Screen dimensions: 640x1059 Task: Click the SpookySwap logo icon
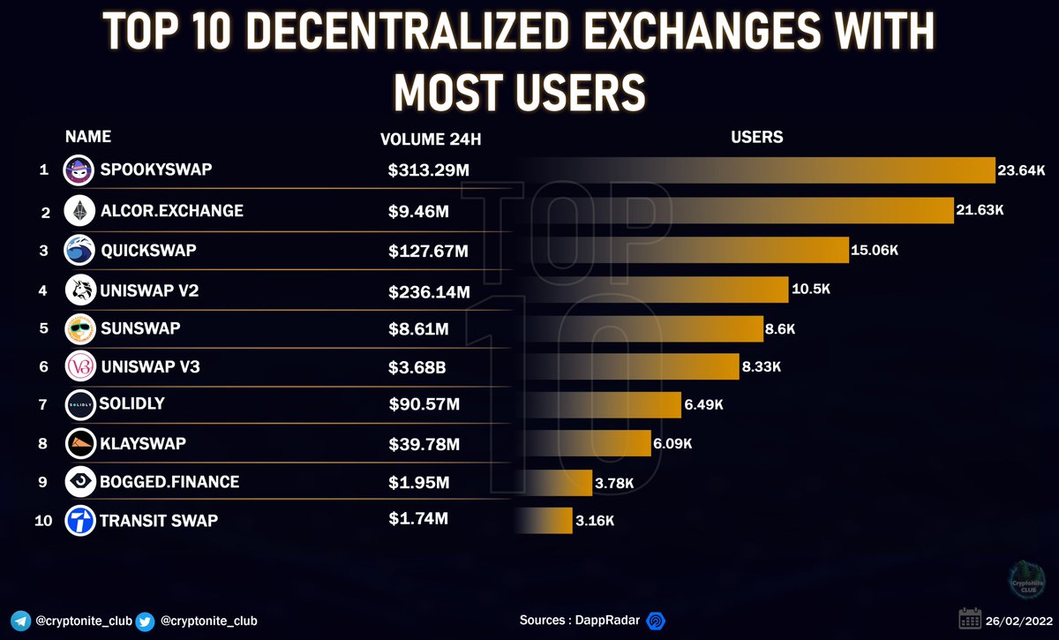[79, 169]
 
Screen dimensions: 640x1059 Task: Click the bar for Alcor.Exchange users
[794, 211]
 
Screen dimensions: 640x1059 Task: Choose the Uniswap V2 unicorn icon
[79, 290]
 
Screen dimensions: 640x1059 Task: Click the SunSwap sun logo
[79, 329]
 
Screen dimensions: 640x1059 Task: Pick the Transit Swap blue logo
[79, 521]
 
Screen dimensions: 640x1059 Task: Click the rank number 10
[43, 521]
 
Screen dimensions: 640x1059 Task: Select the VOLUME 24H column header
[431, 139]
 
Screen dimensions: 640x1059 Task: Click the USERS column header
[756, 138]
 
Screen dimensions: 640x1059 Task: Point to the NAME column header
[88, 137]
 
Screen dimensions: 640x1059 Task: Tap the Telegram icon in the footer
[21, 621]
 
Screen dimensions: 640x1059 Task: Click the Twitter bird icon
[145, 621]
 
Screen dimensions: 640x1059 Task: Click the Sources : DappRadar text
[579, 621]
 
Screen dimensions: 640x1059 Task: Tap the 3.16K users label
[594, 521]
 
